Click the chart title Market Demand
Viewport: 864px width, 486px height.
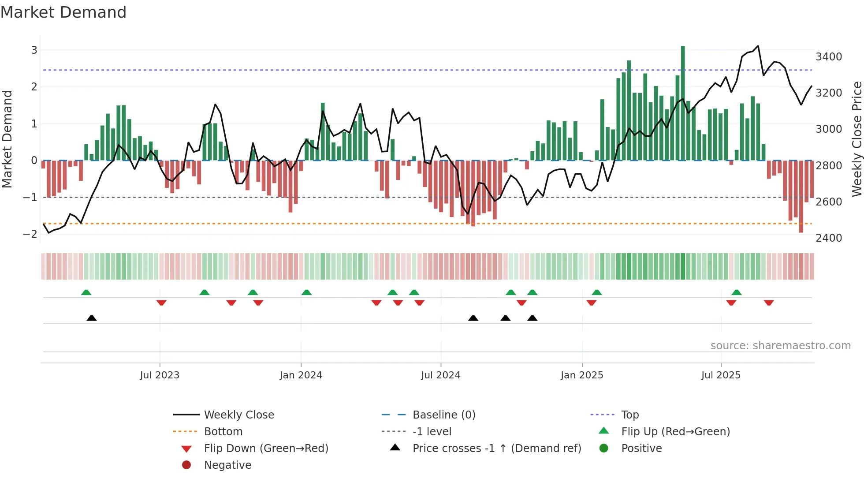pos(63,12)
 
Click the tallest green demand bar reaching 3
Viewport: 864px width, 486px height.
pos(683,102)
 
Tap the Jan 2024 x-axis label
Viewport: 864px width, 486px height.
pos(301,375)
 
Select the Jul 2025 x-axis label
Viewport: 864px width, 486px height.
pos(721,375)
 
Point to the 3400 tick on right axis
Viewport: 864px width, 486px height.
pos(829,57)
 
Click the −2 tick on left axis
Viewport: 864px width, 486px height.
pos(30,234)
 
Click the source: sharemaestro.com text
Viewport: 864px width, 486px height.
pos(780,346)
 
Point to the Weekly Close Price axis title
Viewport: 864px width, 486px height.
pos(857,139)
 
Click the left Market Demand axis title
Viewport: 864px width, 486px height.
pos(7,139)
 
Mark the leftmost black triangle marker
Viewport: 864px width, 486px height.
pos(91,318)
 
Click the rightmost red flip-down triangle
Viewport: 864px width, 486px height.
pos(769,303)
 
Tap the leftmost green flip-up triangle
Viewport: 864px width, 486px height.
pos(86,292)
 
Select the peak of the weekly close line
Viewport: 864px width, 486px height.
pos(758,46)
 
